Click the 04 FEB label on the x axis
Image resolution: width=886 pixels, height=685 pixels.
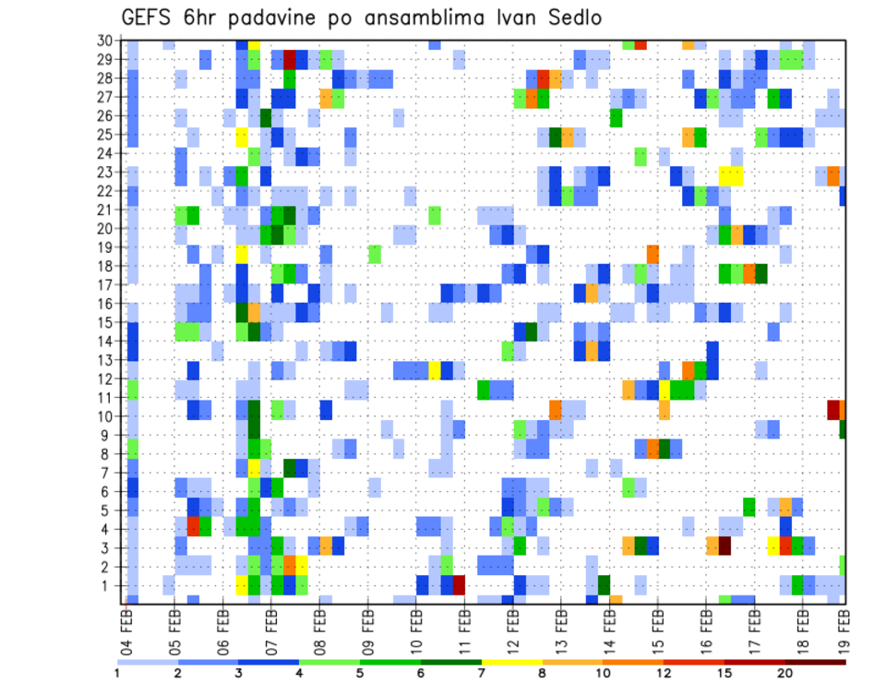pyautogui.click(x=126, y=625)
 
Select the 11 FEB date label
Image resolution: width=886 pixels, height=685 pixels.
pyautogui.click(x=464, y=625)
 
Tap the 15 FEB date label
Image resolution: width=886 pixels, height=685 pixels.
pyautogui.click(x=657, y=625)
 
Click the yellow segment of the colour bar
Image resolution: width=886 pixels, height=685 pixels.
pyautogui.click(x=511, y=661)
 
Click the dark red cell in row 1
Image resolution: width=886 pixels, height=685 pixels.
pyautogui.click(x=459, y=585)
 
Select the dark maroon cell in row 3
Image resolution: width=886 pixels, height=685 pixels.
pyautogui.click(x=724, y=547)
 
